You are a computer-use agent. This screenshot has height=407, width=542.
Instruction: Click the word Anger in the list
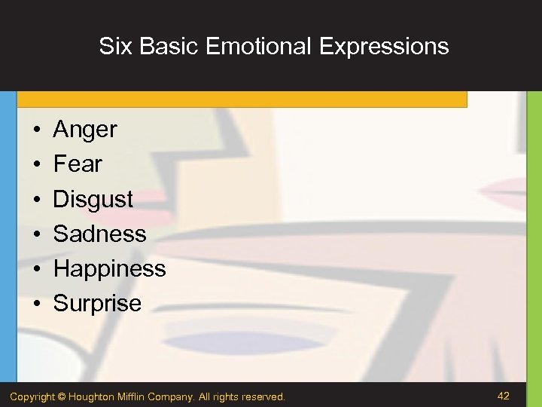click(x=85, y=130)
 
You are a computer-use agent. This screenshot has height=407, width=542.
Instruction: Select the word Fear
click(x=78, y=164)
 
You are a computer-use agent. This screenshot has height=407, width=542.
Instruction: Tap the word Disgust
click(x=93, y=200)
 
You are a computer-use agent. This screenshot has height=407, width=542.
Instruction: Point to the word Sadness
click(x=99, y=234)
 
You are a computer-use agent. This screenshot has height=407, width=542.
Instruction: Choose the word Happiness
click(x=109, y=268)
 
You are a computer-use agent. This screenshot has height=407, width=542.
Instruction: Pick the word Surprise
click(x=97, y=303)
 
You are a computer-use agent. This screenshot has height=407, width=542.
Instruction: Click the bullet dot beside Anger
click(x=36, y=130)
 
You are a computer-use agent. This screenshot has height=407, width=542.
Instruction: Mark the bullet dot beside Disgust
click(x=36, y=200)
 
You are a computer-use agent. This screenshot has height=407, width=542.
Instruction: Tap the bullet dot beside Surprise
click(x=36, y=304)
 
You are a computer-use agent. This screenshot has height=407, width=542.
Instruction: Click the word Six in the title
click(x=115, y=47)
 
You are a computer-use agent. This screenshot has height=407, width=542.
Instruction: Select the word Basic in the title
click(x=171, y=47)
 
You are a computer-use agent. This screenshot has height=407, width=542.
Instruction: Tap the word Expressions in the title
click(x=384, y=47)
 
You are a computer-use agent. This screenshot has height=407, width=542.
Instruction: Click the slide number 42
click(x=504, y=395)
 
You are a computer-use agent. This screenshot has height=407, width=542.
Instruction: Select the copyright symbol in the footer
click(x=62, y=396)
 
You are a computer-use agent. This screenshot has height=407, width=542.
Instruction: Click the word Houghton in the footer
click(x=93, y=396)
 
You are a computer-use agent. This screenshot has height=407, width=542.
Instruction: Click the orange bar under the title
click(x=241, y=99)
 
